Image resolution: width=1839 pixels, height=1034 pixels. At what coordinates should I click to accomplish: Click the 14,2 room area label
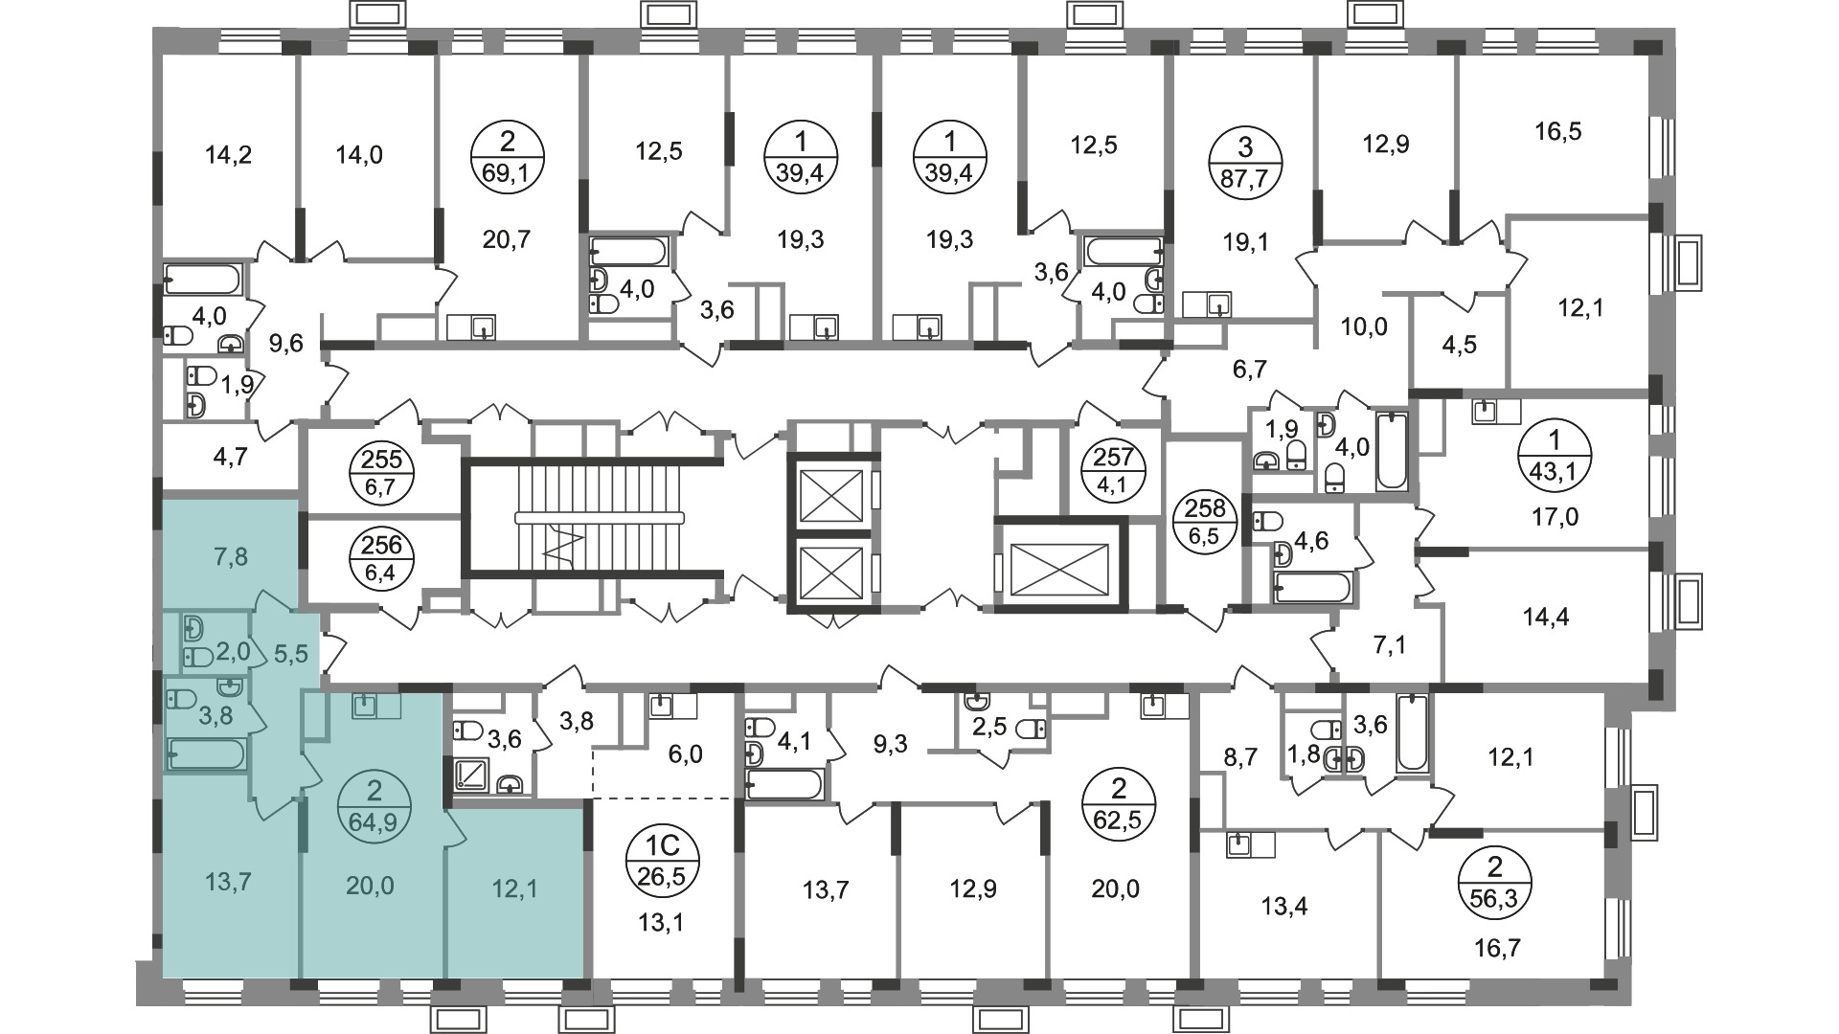(x=229, y=153)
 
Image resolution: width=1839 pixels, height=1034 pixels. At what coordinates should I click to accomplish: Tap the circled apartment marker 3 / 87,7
(x=1245, y=161)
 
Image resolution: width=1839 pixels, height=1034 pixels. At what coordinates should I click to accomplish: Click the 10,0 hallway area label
(x=1364, y=326)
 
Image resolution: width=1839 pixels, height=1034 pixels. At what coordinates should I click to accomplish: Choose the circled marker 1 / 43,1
(x=1555, y=457)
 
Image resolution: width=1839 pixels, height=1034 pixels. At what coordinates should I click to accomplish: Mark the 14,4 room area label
(x=1545, y=617)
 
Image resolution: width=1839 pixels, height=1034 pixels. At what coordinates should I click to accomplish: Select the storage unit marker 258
(x=1204, y=520)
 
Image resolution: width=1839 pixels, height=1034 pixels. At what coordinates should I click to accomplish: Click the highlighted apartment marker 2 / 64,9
(x=375, y=806)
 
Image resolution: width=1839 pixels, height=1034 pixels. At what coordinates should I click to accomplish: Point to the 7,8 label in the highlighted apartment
(x=229, y=555)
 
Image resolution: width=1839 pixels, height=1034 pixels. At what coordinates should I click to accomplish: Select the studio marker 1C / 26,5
(x=665, y=859)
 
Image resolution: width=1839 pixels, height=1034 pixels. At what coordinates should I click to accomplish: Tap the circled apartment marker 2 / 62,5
(x=1118, y=806)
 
